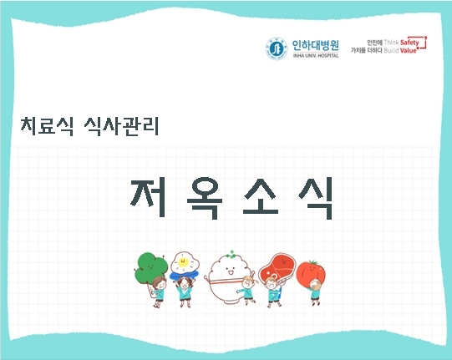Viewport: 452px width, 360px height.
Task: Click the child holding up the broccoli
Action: (x=156, y=292)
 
